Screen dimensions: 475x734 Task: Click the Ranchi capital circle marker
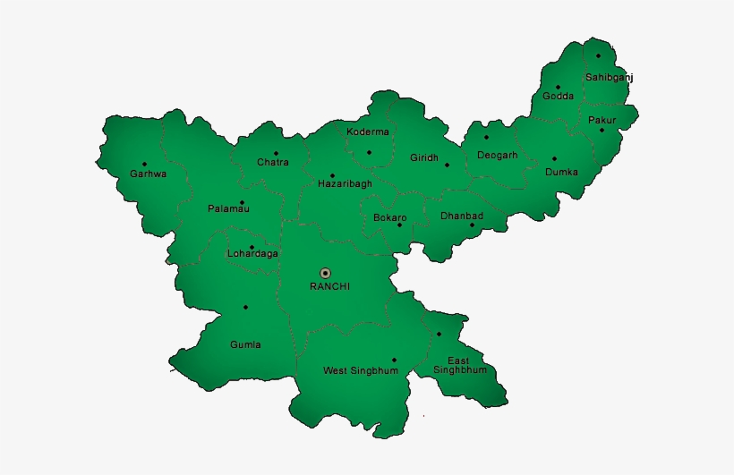[x=325, y=272]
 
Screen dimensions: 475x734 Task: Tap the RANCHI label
[x=329, y=286]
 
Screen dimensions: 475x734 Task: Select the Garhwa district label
[x=148, y=174]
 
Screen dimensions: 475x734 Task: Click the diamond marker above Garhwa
[x=144, y=164]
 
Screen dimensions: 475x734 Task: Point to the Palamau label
[x=228, y=208]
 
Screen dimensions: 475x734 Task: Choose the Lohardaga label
[x=252, y=253]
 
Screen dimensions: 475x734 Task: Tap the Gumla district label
[x=245, y=344]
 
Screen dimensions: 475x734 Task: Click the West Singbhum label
[x=361, y=370]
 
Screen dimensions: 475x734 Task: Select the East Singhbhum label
[x=459, y=365]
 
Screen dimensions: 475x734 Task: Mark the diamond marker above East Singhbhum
[x=440, y=335]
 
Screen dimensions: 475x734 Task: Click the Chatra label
[x=273, y=162]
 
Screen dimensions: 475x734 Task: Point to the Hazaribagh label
[x=345, y=183]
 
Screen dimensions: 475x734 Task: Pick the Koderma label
[x=368, y=131]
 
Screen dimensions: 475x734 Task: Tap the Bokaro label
[x=390, y=217]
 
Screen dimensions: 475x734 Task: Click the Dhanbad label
[x=462, y=216]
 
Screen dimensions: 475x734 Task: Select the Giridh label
[x=424, y=157]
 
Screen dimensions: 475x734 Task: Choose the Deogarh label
[x=497, y=155]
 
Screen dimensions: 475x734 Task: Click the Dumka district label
[x=561, y=171]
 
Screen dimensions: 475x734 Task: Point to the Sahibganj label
[x=610, y=77]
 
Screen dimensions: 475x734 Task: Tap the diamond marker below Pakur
[x=602, y=130]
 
